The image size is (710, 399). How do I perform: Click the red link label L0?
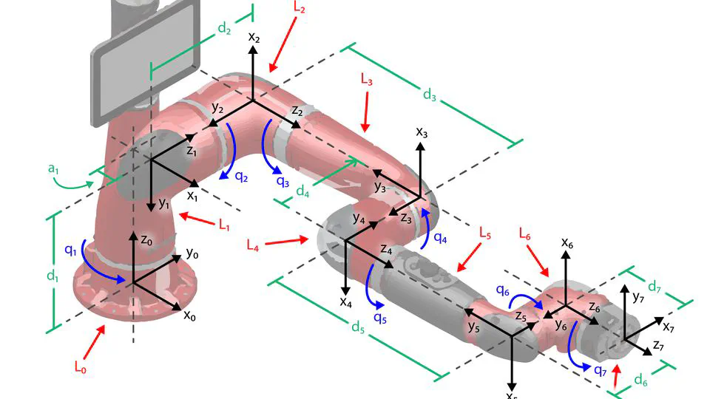point(81,364)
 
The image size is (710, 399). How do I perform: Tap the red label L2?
point(300,8)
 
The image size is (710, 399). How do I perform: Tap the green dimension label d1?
point(53,276)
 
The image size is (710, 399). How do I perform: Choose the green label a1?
point(53,169)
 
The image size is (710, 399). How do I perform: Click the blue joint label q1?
point(72,250)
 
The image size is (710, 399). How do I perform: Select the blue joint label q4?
point(440,238)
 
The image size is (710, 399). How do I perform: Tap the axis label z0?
point(147,239)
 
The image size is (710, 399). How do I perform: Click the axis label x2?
point(254,37)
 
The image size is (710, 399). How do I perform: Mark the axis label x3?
point(422,133)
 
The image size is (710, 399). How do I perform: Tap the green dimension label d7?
point(656,286)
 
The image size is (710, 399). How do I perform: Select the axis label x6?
point(567,242)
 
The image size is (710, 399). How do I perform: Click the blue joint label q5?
point(379,318)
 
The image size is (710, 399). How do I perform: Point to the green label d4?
point(302,191)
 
